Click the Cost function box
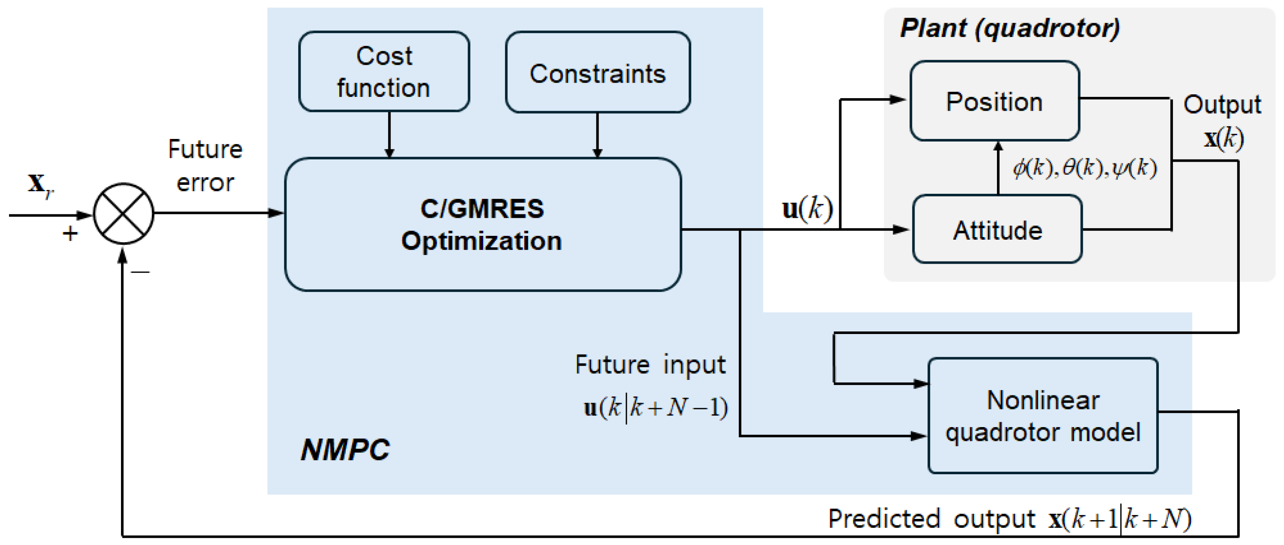point(384,72)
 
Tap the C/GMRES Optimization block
point(483,224)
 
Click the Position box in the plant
point(994,101)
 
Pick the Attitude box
point(997,230)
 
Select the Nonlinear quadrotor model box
point(1043,416)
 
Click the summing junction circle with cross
point(123,213)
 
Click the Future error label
point(205,166)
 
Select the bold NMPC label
point(345,449)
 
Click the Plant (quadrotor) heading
point(1010,28)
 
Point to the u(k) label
point(807,208)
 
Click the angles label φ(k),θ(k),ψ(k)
point(1085,168)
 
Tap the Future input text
point(650,364)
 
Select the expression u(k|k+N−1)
point(656,407)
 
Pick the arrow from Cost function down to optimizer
point(389,135)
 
